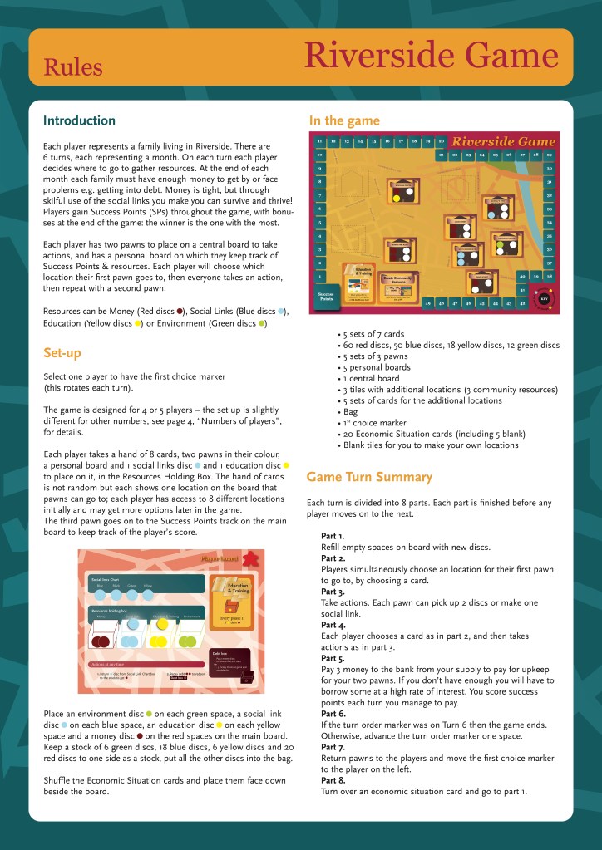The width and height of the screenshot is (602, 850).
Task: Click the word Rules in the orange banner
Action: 73,67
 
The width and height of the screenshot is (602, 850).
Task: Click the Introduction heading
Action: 79,120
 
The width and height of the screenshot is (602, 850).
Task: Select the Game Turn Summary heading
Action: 368,477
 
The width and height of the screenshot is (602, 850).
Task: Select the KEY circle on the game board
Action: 544,297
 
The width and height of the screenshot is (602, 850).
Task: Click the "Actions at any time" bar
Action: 166,664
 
